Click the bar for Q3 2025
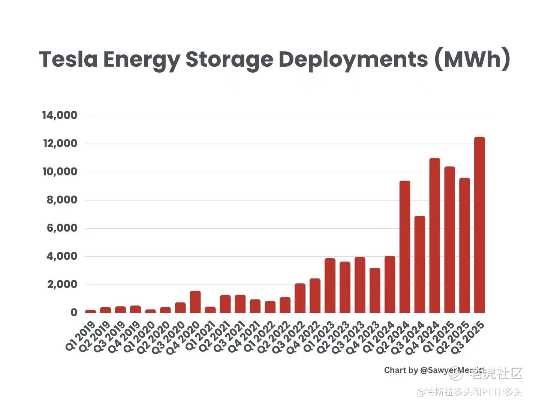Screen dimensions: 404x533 pos(479,225)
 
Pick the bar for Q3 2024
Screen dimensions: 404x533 pos(420,264)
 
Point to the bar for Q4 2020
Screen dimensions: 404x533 pos(195,302)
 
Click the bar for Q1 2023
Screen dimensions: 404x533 pos(330,286)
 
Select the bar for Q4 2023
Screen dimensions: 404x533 pos(375,290)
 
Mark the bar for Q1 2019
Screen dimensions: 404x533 pos(91,311)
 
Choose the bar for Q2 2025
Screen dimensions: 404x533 pos(464,245)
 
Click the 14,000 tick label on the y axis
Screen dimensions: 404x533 pos(60,115)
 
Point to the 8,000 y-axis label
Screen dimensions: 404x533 pos(62,200)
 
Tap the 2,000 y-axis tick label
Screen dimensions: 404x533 pos(62,285)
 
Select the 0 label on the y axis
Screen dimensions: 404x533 pos(73,313)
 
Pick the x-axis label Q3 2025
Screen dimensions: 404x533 pos(470,336)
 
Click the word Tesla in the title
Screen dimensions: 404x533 pos(68,59)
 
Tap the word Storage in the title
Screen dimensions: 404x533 pos(229,59)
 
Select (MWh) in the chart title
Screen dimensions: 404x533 pos(472,59)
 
